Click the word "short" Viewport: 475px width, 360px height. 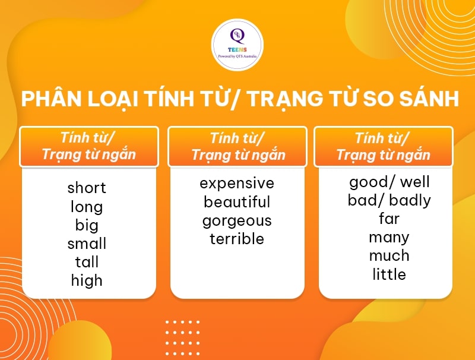click(87, 188)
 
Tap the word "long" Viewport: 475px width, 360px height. click(87, 207)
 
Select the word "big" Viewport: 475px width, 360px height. click(87, 225)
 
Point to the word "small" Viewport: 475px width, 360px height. click(87, 244)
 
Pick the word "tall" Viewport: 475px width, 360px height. click(87, 262)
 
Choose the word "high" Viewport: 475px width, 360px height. click(87, 280)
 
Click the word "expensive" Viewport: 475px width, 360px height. click(237, 183)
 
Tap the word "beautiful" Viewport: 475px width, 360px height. click(237, 202)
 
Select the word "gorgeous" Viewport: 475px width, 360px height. click(237, 221)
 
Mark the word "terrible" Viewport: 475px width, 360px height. click(237, 239)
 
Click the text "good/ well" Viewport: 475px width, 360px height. click(389, 182)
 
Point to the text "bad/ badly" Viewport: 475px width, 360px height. click(389, 200)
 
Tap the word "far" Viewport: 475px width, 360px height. click(389, 219)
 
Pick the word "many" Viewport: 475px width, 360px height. click(389, 238)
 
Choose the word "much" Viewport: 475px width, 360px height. click(389, 256)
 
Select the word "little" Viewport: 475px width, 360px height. click(389, 274)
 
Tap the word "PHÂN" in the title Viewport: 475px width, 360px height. click(46, 99)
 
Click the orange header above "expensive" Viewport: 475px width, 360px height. click(237, 147)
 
